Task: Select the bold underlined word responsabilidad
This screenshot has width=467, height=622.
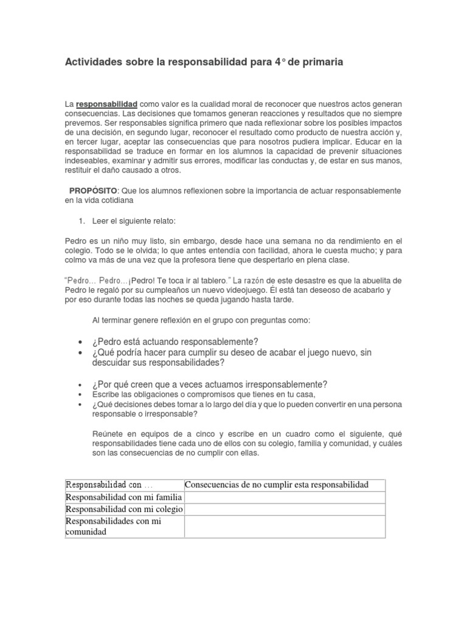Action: [106, 104]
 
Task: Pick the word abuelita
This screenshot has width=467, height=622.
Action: [378, 280]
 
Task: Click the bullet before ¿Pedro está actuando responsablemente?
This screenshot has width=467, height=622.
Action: [81, 342]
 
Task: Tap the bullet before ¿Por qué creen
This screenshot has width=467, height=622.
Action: [81, 385]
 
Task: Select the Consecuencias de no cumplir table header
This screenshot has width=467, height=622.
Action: [277, 485]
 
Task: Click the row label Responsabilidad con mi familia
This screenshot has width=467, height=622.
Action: [123, 497]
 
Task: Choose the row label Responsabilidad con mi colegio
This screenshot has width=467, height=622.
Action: [123, 510]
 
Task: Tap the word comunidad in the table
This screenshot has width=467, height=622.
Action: [86, 531]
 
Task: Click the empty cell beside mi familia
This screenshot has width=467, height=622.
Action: [285, 497]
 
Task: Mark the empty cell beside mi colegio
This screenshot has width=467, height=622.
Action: [285, 510]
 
